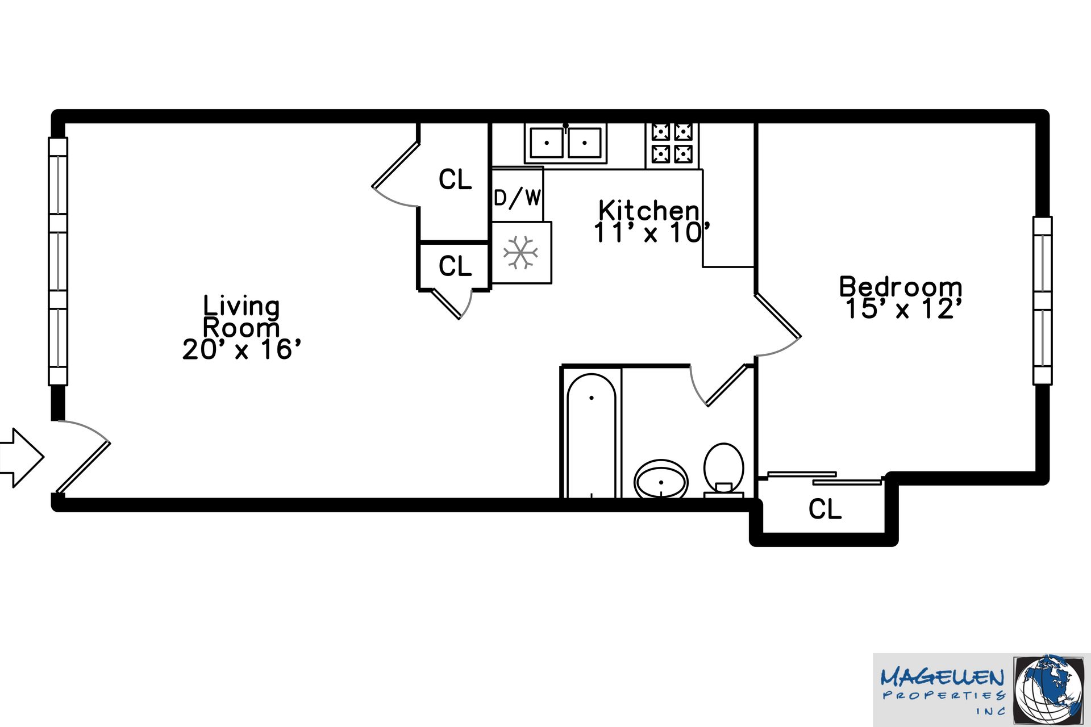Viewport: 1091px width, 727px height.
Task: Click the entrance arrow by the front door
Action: (22, 457)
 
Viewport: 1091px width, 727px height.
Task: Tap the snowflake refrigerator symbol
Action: (520, 253)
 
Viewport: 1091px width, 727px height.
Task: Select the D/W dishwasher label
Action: (517, 198)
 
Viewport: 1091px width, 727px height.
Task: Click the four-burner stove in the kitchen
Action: (672, 144)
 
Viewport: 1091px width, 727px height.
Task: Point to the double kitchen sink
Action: (565, 143)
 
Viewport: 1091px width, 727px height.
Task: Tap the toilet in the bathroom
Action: (724, 470)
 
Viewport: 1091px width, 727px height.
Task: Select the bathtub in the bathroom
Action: (591, 434)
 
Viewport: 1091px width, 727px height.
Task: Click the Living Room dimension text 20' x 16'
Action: (241, 349)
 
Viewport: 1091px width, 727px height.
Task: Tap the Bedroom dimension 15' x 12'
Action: (903, 309)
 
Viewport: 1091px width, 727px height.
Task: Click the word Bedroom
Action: (901, 286)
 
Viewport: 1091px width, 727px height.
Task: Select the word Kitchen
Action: (649, 210)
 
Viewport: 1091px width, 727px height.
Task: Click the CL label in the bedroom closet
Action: (825, 509)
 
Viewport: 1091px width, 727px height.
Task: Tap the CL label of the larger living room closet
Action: (455, 179)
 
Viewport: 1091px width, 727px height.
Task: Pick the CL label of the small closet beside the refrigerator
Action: (455, 266)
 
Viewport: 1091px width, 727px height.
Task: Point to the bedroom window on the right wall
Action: (1042, 300)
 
